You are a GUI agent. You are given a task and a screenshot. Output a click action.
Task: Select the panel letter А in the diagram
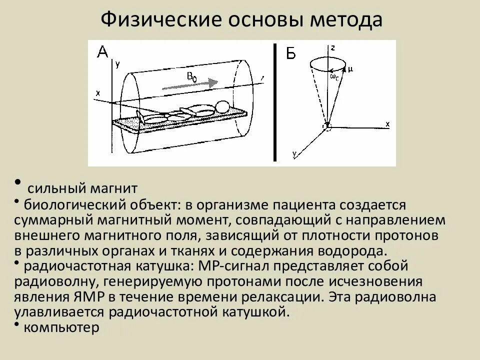click(x=102, y=51)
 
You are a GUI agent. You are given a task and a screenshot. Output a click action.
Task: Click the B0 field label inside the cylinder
click(x=192, y=76)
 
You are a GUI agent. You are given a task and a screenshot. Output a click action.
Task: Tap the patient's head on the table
click(x=222, y=106)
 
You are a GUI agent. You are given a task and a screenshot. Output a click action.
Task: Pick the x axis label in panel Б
click(x=387, y=122)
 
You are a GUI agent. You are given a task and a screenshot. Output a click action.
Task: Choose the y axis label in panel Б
click(x=295, y=155)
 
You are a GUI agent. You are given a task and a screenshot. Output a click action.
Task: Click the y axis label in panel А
click(x=117, y=64)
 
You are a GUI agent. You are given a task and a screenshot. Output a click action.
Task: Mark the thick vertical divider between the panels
click(x=274, y=102)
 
